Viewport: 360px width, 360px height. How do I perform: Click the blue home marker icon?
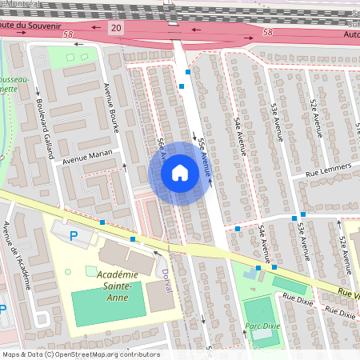pos(180,173)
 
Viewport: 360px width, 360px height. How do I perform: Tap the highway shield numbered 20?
pos(118,28)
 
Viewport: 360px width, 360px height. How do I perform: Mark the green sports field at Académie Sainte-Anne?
pos(104,308)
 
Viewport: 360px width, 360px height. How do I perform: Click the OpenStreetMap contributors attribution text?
pos(80,354)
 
